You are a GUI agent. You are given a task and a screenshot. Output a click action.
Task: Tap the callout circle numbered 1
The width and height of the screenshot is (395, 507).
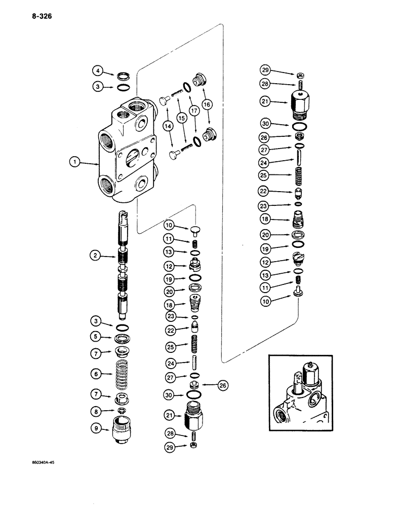pos(75,163)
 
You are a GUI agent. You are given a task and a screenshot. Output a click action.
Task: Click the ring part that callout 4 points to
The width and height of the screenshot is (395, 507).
pos(123,77)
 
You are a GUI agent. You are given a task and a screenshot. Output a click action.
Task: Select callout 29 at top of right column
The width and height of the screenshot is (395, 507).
pos(265,69)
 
